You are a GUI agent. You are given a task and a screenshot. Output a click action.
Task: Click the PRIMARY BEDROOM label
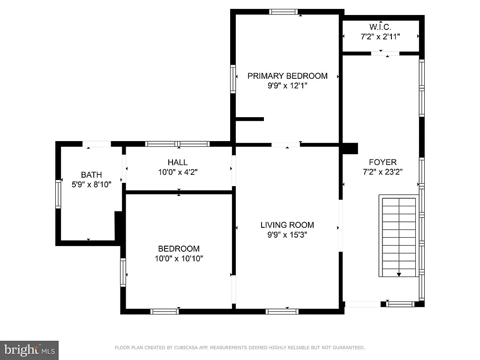click(287, 76)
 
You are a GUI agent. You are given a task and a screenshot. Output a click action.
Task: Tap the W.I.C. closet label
click(380, 26)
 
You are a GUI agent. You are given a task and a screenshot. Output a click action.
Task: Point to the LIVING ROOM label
click(287, 225)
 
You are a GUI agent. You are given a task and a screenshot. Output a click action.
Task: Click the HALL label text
click(178, 163)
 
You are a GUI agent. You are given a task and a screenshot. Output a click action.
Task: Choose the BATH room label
click(91, 175)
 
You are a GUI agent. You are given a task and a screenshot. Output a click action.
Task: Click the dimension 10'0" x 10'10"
click(178, 258)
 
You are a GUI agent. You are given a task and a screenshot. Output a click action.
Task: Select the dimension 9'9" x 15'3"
click(287, 235)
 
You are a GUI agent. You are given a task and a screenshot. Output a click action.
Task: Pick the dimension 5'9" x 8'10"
click(91, 185)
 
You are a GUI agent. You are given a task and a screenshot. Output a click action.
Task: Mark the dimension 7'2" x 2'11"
click(380, 36)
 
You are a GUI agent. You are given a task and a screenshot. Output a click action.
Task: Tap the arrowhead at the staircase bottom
click(399, 275)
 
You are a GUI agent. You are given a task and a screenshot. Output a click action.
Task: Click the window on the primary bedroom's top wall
click(284, 12)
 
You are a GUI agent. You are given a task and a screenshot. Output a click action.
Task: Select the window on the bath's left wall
click(59, 194)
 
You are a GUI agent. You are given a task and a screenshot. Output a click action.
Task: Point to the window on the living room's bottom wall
click(282, 311)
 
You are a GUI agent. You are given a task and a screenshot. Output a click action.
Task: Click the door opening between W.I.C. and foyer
click(385, 53)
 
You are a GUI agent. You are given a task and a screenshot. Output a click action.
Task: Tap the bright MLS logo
click(29, 350)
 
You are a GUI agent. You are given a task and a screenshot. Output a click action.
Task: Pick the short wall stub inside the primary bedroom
click(249, 119)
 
